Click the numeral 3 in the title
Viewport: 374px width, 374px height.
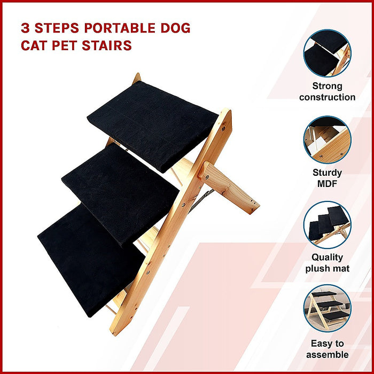point(25,28)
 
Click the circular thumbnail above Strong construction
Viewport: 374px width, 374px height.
point(327,53)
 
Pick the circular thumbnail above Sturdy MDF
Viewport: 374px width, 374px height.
point(327,140)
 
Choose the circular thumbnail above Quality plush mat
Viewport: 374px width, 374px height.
point(327,224)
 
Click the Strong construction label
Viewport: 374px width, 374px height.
point(327,91)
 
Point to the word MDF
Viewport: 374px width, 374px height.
point(327,184)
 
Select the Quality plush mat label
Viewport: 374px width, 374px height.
point(327,263)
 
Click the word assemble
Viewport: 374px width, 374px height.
point(327,354)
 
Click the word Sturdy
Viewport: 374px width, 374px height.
point(327,173)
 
